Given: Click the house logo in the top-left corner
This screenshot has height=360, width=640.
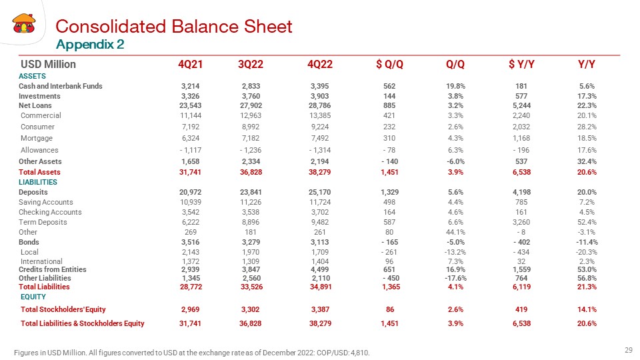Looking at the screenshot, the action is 24,23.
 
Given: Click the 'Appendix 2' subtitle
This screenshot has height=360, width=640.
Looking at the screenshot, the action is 90,44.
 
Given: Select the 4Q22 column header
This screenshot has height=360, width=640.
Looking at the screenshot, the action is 320,64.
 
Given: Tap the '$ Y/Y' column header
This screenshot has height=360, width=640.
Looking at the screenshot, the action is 521,64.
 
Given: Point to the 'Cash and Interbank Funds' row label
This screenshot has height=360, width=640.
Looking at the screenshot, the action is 61,86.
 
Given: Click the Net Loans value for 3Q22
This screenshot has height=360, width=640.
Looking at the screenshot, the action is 251,105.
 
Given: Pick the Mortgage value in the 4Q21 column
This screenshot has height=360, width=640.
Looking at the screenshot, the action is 191,138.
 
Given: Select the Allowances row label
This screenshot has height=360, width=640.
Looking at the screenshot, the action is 39,150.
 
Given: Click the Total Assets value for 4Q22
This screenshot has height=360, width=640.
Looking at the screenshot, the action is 319,172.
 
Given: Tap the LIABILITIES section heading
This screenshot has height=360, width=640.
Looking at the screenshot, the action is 38,182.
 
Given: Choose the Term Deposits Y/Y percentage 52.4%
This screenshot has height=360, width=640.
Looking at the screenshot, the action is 587,222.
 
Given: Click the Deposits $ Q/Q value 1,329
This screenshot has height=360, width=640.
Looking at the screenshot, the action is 389,192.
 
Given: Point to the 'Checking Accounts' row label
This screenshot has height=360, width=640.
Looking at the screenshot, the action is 50,212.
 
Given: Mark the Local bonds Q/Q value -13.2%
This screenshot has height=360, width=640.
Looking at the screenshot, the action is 455,252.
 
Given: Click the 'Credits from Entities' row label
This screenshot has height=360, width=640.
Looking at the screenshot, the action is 53,269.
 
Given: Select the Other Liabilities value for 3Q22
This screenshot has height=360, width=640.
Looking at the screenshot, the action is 251,278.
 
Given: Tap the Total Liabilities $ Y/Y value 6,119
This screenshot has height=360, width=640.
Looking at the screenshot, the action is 521,287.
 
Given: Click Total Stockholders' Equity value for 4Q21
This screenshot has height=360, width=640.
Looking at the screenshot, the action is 191,309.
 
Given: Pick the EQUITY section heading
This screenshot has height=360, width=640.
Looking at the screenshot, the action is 33,297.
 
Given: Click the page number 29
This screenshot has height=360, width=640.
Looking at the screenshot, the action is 629,350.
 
